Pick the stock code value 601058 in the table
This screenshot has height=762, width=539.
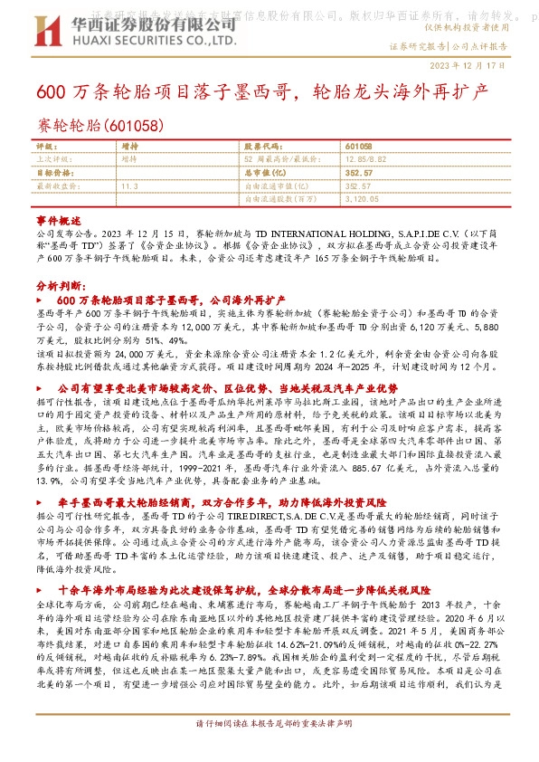coord(358,146)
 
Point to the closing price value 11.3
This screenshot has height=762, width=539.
coord(128,185)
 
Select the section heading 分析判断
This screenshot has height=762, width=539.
coord(55,284)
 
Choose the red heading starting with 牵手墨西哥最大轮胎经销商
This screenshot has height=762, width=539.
coord(221,500)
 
